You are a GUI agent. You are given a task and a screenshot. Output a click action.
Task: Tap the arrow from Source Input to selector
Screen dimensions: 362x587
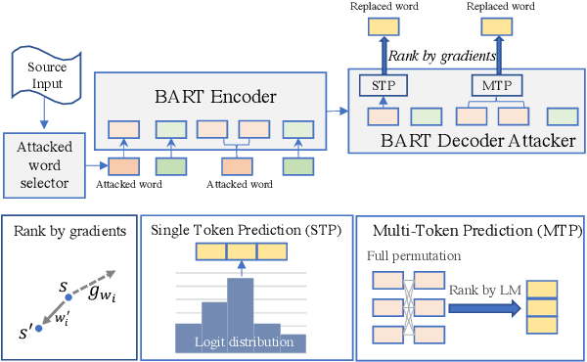(44, 114)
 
